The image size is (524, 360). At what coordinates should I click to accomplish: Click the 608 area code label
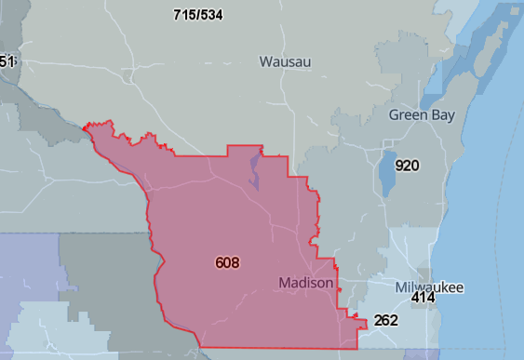point(226,263)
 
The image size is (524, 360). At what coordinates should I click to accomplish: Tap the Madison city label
point(306,282)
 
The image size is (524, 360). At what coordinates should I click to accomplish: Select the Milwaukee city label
point(429,287)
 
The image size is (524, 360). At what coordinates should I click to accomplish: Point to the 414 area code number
point(423,299)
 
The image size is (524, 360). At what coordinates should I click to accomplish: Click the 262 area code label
point(385,321)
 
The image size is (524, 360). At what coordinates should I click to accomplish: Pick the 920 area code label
point(407,166)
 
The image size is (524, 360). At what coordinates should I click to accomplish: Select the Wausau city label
point(285,61)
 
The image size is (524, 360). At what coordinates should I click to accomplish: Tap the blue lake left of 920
point(387,172)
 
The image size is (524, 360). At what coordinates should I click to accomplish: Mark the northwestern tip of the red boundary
point(86,126)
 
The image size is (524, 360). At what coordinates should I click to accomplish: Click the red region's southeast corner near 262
point(357,347)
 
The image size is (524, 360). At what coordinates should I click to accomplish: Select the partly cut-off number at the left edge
point(7,61)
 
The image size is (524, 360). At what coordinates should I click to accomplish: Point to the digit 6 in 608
point(219,263)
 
